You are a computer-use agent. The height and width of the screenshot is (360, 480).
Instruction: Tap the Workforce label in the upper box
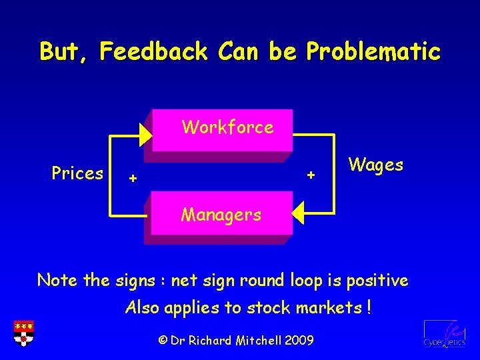click(x=227, y=127)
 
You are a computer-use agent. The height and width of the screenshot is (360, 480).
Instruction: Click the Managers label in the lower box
click(x=221, y=215)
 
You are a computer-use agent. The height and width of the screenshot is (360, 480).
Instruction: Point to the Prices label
click(x=77, y=173)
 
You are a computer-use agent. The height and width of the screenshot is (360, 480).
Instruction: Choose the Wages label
click(x=375, y=164)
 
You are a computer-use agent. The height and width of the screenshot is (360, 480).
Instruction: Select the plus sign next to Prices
click(x=133, y=178)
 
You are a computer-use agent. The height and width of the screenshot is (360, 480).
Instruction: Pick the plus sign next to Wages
click(x=310, y=175)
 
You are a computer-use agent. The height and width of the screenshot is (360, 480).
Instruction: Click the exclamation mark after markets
click(x=368, y=308)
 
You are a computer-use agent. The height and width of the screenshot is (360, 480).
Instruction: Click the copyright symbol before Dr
click(x=162, y=340)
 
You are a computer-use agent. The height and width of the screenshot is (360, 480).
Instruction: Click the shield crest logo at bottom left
click(x=23, y=334)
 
